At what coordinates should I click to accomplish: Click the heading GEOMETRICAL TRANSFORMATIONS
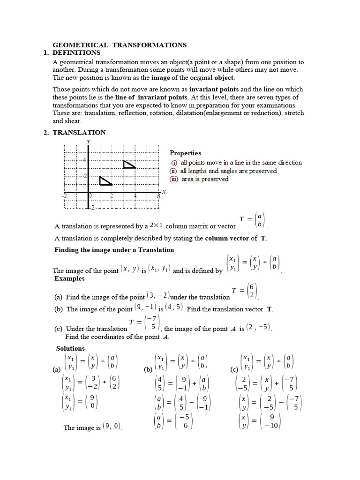(x=119, y=45)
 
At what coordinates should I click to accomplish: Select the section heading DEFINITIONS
(x=76, y=52)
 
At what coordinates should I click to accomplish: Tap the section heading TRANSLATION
(x=79, y=133)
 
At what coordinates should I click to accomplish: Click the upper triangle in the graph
(x=128, y=164)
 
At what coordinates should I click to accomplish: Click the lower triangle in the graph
(x=105, y=181)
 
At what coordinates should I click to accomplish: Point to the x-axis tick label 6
(x=158, y=197)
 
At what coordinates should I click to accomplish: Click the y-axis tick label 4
(x=84, y=160)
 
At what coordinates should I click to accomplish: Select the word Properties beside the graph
(x=186, y=153)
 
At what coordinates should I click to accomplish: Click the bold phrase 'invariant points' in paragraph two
(x=214, y=89)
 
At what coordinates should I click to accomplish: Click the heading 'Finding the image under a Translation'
(x=114, y=250)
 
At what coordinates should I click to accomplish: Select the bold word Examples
(x=69, y=278)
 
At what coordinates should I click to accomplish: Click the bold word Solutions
(x=70, y=348)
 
